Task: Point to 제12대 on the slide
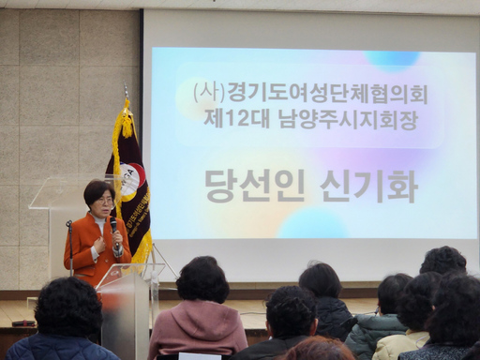tap(230, 118)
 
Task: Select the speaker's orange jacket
tap(91, 246)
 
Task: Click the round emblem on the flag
tap(132, 178)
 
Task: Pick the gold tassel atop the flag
tap(126, 120)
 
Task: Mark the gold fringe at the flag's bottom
tap(142, 248)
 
